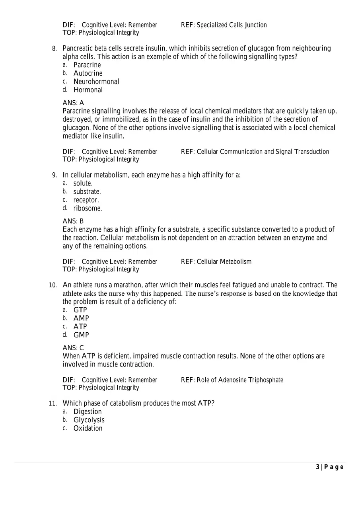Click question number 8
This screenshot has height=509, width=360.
tap(54, 49)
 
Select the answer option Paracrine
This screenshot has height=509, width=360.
tap(87, 65)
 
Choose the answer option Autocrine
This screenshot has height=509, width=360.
tap(88, 73)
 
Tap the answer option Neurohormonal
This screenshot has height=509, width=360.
tap(96, 82)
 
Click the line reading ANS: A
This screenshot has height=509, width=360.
tap(73, 103)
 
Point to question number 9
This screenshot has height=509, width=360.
tap(54, 175)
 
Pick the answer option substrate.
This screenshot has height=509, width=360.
tap(87, 192)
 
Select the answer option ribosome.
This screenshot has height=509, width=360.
tap(88, 208)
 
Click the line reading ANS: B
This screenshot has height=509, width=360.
tap(73, 221)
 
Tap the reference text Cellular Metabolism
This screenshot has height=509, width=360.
tap(224, 261)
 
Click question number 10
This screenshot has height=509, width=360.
tap(53, 285)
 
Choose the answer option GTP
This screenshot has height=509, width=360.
tap(80, 310)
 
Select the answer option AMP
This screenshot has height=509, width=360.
tap(81, 318)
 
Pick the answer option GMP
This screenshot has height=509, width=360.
tap(81, 335)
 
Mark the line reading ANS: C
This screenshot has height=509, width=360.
tap(73, 348)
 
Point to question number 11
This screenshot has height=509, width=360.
tap(53, 404)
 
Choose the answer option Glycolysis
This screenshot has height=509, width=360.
tap(89, 420)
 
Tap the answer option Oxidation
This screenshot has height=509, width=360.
tap(88, 428)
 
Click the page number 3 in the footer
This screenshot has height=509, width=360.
tap(317, 467)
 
